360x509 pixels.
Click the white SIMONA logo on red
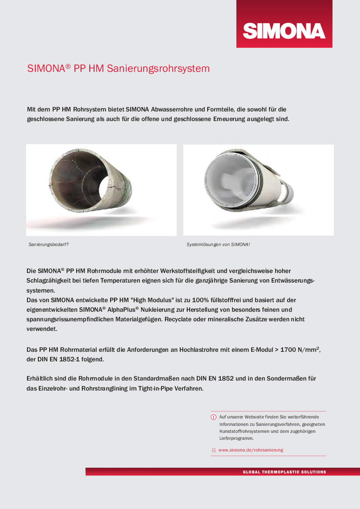(284, 30)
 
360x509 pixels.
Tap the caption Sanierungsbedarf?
(49, 245)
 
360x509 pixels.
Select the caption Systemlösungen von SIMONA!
(218, 245)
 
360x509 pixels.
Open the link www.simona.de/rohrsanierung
(251, 450)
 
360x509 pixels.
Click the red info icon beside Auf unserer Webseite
(214, 417)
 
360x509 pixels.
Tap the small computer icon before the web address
(214, 450)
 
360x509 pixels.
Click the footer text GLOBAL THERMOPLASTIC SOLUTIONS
(284, 472)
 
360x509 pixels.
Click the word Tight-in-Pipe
(152, 388)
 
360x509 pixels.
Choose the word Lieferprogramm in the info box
(235, 438)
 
